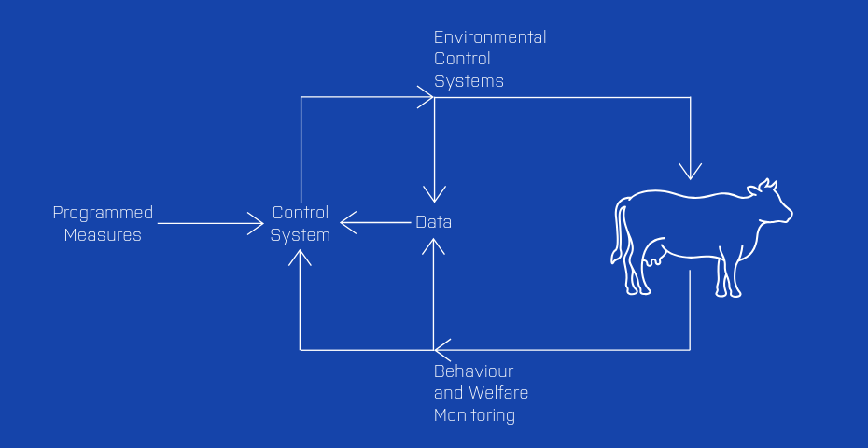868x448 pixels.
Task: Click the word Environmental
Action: [x=490, y=37]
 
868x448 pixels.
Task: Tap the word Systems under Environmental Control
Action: [x=469, y=81]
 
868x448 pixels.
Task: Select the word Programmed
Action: [x=103, y=213]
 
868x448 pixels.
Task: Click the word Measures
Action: [x=103, y=235]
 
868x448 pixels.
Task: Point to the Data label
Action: [x=433, y=222]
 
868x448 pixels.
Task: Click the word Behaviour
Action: [x=473, y=371]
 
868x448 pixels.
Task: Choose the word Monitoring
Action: [x=474, y=415]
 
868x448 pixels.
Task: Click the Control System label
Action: [x=301, y=224]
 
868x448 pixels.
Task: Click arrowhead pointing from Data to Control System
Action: [x=347, y=223]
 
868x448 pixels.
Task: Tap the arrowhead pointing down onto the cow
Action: [x=690, y=172]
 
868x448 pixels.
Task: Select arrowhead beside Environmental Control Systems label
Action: [x=426, y=96]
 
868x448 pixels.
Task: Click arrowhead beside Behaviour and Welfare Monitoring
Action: [x=441, y=350]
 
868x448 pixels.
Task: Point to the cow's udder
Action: [x=651, y=256]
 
